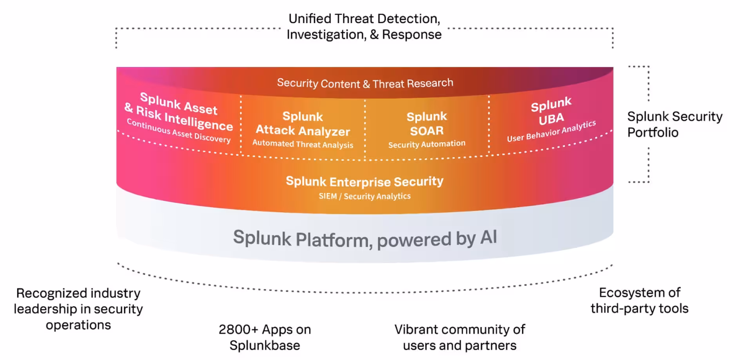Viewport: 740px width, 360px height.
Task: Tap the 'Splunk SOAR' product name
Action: point(427,123)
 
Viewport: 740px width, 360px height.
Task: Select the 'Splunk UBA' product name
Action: point(551,111)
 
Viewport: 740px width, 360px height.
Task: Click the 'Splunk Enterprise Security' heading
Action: point(365,181)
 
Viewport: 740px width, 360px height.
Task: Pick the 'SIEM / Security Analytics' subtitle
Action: point(365,196)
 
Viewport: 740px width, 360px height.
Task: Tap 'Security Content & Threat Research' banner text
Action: point(365,83)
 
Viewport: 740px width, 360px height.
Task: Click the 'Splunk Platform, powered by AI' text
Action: point(365,238)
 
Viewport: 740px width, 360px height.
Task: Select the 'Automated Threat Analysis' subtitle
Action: point(303,144)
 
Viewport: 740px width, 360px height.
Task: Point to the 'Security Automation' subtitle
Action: point(427,144)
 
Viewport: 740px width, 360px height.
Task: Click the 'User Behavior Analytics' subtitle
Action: point(551,131)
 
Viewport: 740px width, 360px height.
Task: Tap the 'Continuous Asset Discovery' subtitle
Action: point(179,131)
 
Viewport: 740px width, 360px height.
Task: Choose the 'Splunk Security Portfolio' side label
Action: point(675,124)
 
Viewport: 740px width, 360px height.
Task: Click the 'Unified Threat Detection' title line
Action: point(364,19)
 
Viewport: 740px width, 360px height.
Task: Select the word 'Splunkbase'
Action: point(265,345)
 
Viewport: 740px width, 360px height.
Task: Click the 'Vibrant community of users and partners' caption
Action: point(459,337)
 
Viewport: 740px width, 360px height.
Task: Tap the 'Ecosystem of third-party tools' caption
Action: point(639,300)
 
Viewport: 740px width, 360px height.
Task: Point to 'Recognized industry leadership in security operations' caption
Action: point(78,309)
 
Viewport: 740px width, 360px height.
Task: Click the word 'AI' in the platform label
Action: point(488,237)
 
